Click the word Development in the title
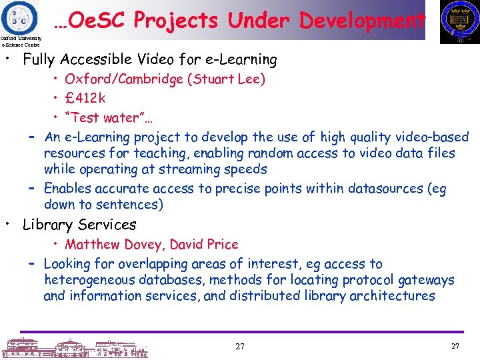click(362, 21)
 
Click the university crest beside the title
click(460, 23)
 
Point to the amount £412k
click(85, 99)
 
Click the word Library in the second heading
click(48, 225)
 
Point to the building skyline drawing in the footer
click(74, 348)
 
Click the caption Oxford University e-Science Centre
click(21, 42)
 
